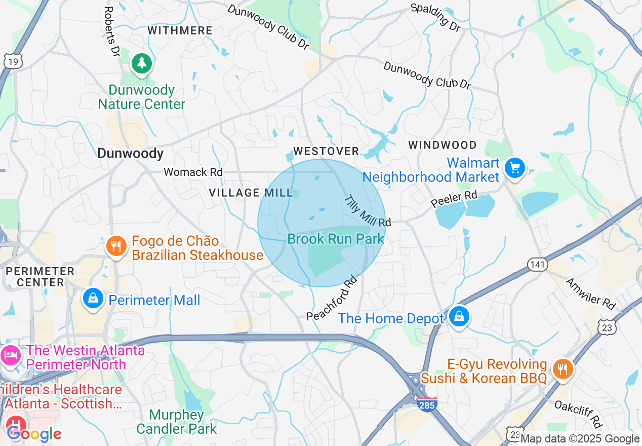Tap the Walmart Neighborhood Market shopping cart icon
click(515, 168)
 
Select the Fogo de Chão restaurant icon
click(116, 246)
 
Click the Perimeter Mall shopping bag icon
click(93, 299)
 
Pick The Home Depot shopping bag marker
click(459, 317)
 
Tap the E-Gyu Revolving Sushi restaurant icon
click(562, 368)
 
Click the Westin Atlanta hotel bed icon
click(11, 356)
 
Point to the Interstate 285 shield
click(428, 404)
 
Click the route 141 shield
click(537, 264)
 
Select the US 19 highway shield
click(13, 61)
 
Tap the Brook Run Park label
click(336, 239)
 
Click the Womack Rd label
click(193, 172)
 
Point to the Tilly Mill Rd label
click(368, 211)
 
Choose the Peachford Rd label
click(332, 298)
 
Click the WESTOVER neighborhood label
click(326, 151)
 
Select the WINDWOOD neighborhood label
click(443, 145)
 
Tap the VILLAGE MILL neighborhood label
click(251, 193)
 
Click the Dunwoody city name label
click(130, 154)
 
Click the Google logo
click(34, 434)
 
